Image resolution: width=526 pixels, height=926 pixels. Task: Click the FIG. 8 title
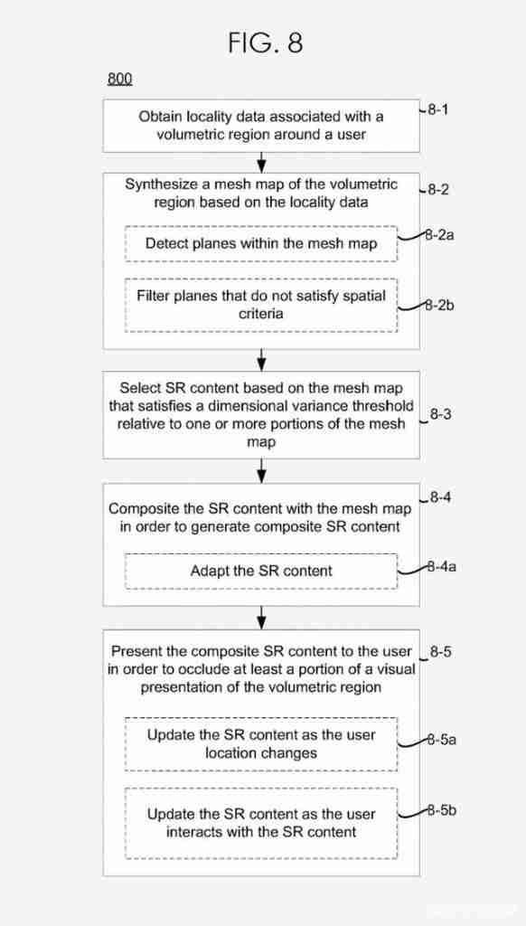click(266, 43)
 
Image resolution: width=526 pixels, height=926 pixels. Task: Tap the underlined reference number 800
click(120, 80)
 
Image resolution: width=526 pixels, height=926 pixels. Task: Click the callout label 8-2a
click(440, 235)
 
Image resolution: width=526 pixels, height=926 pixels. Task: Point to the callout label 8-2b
click(440, 306)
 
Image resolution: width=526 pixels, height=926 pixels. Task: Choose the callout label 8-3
click(440, 414)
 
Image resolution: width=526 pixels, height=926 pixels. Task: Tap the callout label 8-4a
click(441, 568)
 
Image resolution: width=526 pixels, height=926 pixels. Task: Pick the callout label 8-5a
click(441, 740)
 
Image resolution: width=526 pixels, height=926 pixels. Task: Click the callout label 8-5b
click(441, 810)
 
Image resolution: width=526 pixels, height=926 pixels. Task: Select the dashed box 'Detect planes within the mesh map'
click(261, 243)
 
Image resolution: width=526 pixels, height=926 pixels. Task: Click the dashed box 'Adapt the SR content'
click(261, 572)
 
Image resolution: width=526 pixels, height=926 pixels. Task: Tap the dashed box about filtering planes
click(261, 305)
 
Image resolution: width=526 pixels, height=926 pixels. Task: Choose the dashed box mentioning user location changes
click(261, 744)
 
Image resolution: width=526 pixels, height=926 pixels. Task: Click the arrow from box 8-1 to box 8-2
click(261, 163)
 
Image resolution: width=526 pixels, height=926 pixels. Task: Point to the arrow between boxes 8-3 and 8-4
click(261, 471)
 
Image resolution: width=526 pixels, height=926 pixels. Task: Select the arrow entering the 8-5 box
click(261, 619)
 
